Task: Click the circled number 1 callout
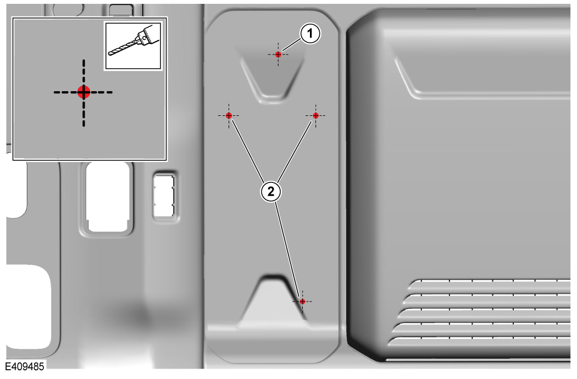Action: point(310,34)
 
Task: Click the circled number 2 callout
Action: point(271,192)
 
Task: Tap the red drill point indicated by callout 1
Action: point(278,54)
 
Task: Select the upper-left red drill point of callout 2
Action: point(229,115)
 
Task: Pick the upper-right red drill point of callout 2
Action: point(315,115)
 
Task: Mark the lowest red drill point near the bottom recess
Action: point(302,302)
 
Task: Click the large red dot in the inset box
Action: point(84,92)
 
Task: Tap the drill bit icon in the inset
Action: point(133,46)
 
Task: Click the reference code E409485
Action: point(24,366)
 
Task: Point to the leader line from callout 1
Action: point(292,44)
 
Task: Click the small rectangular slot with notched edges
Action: point(164,196)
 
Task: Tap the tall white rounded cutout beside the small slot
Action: point(108,197)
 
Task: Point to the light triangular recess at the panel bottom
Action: point(274,301)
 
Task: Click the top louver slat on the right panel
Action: point(490,281)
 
